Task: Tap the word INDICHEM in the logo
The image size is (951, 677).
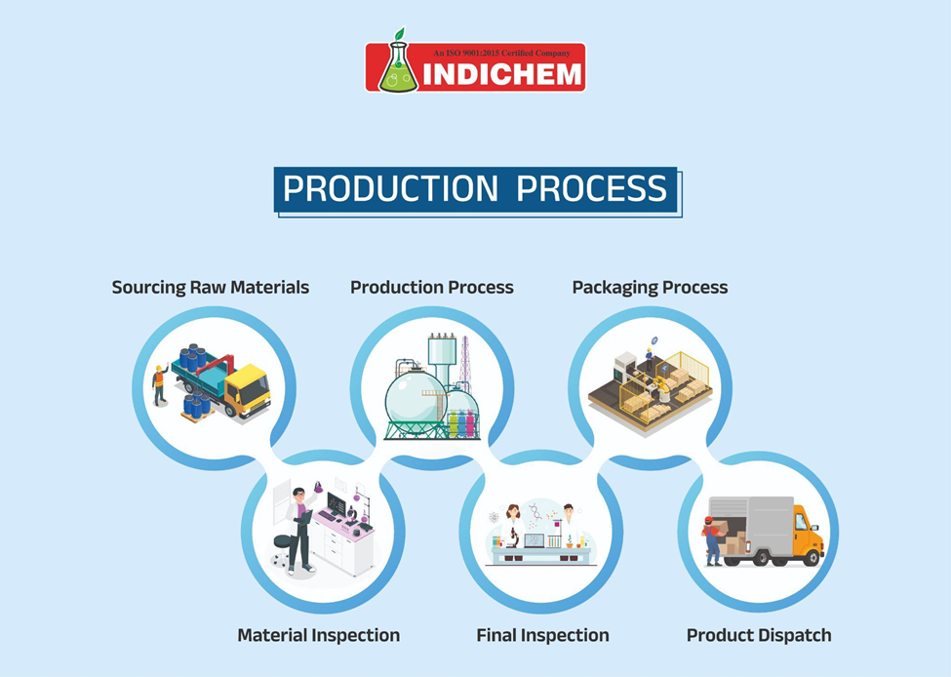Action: pos(502,74)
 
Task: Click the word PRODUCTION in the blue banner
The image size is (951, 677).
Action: pos(390,188)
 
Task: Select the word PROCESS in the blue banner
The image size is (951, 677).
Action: pos(591,188)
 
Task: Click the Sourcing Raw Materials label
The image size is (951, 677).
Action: pos(211,287)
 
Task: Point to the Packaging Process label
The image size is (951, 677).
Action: pos(650,288)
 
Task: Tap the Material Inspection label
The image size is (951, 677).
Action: pos(318,635)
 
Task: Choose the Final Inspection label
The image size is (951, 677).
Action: pos(543,635)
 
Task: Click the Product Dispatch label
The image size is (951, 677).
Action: pos(759,635)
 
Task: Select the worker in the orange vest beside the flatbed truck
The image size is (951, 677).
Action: pos(160,384)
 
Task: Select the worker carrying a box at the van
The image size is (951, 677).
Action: pos(714,540)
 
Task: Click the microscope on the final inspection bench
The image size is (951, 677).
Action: pos(512,538)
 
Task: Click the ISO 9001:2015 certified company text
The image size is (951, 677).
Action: pos(501,54)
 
